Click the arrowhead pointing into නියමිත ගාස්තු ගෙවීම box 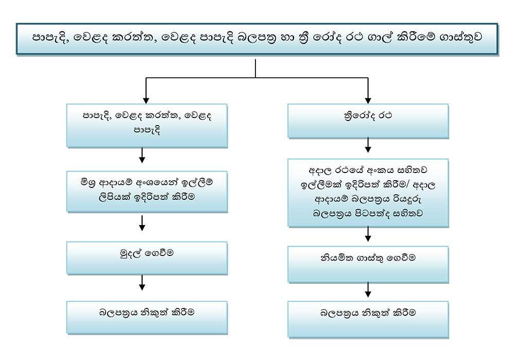coord(368,238)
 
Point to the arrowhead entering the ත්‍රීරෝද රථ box coord(368,100)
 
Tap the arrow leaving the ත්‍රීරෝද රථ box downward coord(368,145)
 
